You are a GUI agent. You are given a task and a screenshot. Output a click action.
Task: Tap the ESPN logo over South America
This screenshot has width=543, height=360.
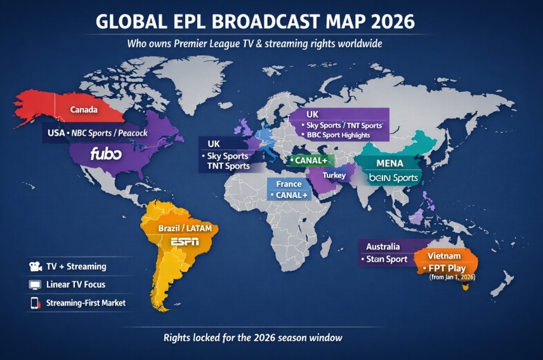coord(185,241)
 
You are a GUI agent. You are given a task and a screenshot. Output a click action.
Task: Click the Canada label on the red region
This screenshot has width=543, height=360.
coord(84,110)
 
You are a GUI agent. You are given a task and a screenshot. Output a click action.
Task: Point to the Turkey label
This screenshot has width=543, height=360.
coord(334,175)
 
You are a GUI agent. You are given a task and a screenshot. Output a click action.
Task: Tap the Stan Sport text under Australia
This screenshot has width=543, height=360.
coord(386,259)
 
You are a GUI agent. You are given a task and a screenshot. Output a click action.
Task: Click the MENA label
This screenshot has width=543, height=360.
coord(389,163)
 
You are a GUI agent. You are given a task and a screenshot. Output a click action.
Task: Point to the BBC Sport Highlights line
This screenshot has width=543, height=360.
coord(346,135)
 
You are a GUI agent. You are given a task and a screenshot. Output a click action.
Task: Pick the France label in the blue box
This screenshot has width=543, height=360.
coord(289,184)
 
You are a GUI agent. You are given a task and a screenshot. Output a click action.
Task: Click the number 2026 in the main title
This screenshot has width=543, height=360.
coord(386,21)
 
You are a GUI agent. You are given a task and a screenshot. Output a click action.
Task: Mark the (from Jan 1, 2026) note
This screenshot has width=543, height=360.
coord(452,277)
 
